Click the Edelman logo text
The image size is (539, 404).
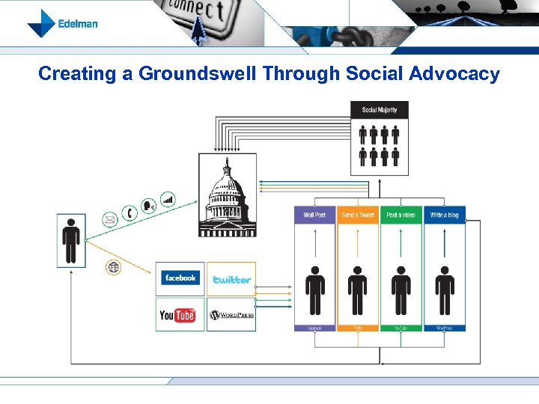pyautogui.click(x=78, y=23)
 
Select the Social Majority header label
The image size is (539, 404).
pyautogui.click(x=380, y=110)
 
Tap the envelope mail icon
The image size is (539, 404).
pyautogui.click(x=110, y=220)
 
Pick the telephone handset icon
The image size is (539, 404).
pyautogui.click(x=130, y=212)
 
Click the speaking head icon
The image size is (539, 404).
pyautogui.click(x=149, y=204)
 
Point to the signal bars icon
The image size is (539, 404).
pyautogui.click(x=168, y=199)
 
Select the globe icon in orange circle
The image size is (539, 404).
pyautogui.click(x=113, y=267)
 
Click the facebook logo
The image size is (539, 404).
pyautogui.click(x=180, y=278)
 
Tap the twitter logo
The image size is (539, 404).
pyautogui.click(x=231, y=279)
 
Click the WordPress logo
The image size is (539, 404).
pyautogui.click(x=231, y=315)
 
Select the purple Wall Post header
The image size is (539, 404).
pyautogui.click(x=314, y=215)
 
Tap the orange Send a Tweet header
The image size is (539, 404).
pyautogui.click(x=358, y=215)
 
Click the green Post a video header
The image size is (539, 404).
pyautogui.click(x=401, y=215)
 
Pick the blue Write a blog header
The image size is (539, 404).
pyautogui.click(x=445, y=215)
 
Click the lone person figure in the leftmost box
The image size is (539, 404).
pyautogui.click(x=71, y=240)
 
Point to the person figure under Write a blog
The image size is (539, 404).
pyautogui.click(x=445, y=290)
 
